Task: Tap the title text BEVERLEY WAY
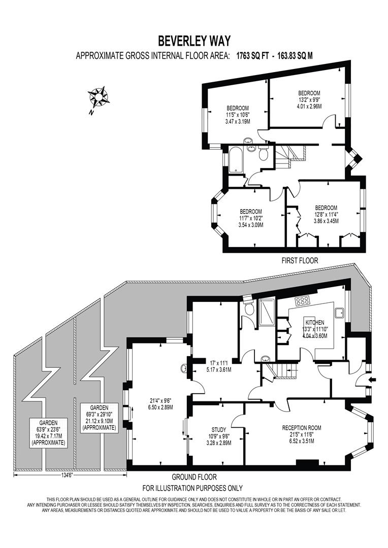[x=193, y=40]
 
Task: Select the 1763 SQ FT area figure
[x=252, y=56]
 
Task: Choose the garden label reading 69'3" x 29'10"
[x=100, y=418]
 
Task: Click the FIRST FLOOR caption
[x=300, y=260]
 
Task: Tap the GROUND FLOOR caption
[x=193, y=477]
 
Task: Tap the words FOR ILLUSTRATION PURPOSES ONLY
[x=192, y=488]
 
